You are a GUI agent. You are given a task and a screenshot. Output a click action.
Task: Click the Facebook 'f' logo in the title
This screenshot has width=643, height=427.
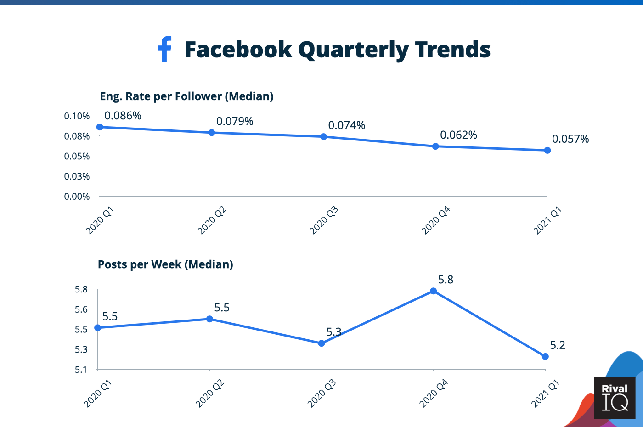[164, 49]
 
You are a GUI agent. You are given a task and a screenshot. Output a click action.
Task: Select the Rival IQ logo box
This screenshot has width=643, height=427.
[615, 398]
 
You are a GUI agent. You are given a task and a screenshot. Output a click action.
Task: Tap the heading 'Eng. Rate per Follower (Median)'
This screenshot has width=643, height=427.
[186, 96]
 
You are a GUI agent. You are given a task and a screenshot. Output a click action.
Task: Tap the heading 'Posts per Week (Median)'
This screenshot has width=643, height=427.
[165, 264]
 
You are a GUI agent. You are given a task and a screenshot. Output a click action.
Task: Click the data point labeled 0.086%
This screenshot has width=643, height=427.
[100, 127]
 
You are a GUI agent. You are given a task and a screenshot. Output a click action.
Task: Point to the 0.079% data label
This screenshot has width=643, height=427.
[235, 121]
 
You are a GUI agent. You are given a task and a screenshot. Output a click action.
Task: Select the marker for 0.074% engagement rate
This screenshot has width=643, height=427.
[323, 137]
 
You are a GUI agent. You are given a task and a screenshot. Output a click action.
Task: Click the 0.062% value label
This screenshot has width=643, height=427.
[458, 135]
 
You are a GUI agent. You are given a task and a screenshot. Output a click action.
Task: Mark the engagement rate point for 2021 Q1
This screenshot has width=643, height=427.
[547, 150]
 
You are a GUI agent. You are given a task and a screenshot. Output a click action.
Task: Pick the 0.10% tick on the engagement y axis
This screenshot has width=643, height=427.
[77, 116]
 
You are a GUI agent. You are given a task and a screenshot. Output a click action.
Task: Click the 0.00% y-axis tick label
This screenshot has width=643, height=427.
[77, 197]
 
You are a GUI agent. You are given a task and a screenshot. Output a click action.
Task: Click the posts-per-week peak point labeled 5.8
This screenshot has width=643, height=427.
[433, 291]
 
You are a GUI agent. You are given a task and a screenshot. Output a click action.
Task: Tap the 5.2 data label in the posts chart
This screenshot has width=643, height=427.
[558, 345]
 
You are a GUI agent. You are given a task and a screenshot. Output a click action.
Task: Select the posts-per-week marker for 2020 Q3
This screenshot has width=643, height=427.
[321, 343]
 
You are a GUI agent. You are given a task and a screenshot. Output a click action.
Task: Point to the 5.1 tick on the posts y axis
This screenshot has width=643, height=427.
[81, 370]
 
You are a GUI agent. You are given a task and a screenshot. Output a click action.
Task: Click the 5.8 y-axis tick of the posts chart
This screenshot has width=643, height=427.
[81, 289]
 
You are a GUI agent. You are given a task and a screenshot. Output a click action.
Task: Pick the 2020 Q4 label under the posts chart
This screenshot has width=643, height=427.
[434, 393]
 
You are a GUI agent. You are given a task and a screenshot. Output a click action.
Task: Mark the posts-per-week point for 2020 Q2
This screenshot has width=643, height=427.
[209, 319]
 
